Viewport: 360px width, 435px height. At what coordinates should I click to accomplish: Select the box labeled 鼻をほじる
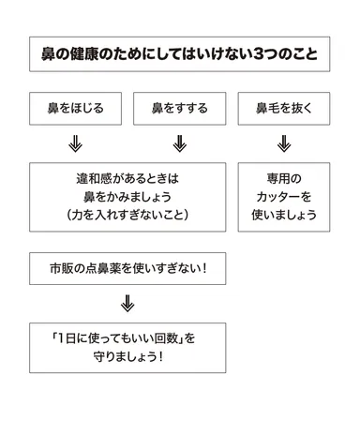pyautogui.click(x=75, y=109)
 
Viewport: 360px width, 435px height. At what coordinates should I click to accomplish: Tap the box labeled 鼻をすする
pyautogui.click(x=179, y=109)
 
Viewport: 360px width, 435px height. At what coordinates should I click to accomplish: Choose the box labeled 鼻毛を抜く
pyautogui.click(x=284, y=109)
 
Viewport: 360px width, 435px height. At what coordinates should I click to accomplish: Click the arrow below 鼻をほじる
pyautogui.click(x=75, y=144)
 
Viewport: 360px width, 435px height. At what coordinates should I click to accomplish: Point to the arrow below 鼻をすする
pyautogui.click(x=180, y=144)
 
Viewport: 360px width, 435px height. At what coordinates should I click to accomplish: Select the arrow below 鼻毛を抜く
pyautogui.click(x=284, y=144)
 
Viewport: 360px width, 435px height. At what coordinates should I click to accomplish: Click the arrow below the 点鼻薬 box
pyautogui.click(x=127, y=304)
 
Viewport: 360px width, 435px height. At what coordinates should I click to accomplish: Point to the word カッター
pyautogui.click(x=284, y=197)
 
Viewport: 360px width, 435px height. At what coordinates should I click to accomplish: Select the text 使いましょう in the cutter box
pyautogui.click(x=284, y=216)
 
